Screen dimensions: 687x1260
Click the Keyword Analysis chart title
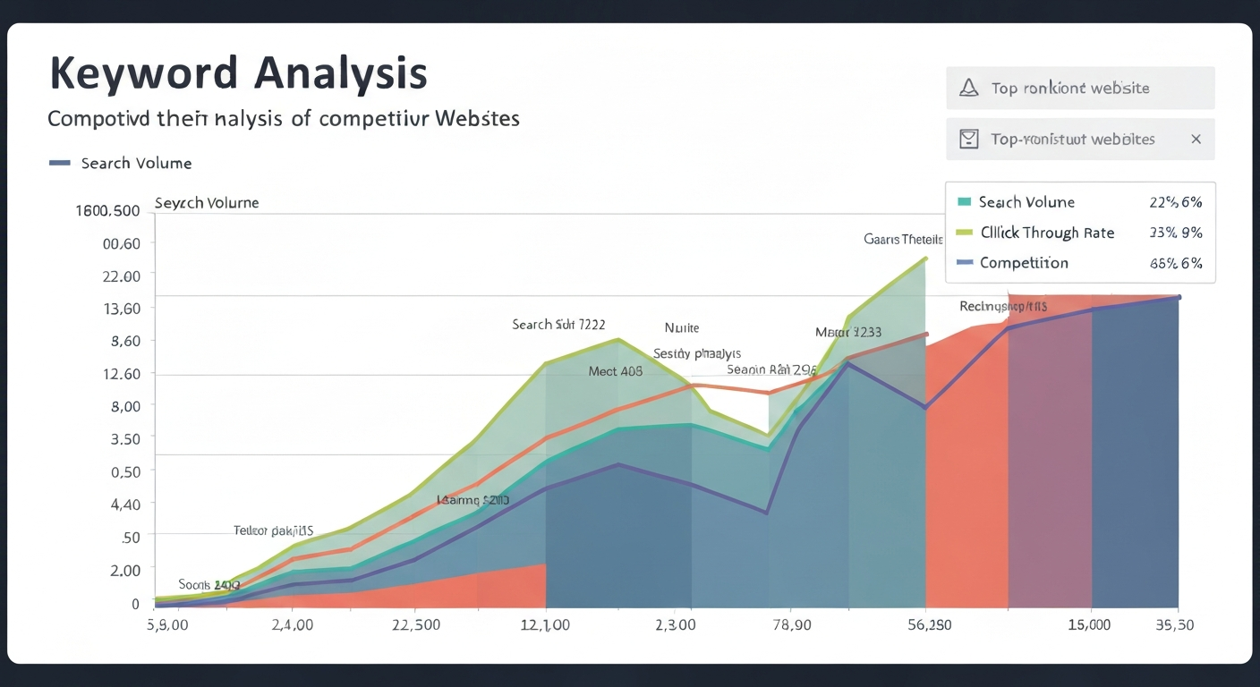(238, 73)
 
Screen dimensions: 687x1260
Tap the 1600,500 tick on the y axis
(107, 211)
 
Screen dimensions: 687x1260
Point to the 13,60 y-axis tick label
(122, 309)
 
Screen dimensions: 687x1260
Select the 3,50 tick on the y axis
(124, 439)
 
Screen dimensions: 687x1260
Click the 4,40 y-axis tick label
(124, 505)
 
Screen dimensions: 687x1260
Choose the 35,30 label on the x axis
(1173, 624)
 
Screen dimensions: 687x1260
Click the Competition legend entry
(1024, 263)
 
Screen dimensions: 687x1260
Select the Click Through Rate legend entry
(1047, 233)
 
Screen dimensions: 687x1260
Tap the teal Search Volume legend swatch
(964, 202)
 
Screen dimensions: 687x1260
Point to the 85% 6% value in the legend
(1175, 263)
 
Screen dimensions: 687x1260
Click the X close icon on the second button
(1196, 140)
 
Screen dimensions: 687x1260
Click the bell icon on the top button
(968, 88)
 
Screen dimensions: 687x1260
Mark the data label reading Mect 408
(615, 371)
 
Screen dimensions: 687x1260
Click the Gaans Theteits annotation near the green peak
(903, 239)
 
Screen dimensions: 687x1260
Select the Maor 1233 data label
(848, 332)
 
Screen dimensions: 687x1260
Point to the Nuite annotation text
(681, 327)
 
